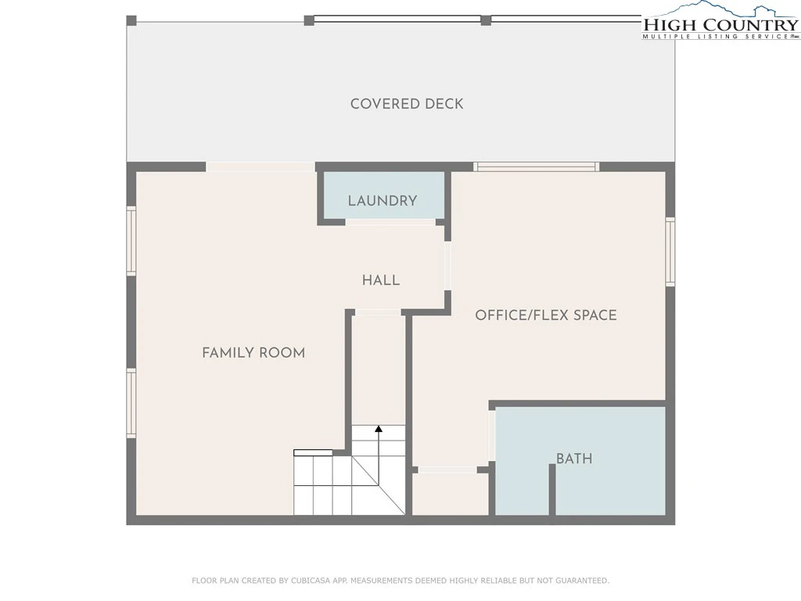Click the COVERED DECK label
coord(407,104)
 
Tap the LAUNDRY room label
coord(382,201)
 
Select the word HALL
coord(381,280)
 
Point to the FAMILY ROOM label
coord(253,353)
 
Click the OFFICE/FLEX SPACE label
coord(545,315)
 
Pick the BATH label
coord(574,459)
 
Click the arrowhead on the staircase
coord(379,429)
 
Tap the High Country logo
coord(720,21)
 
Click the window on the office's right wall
coord(670,251)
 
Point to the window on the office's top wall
coord(536,167)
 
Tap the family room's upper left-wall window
coord(131,241)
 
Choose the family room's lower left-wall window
coord(131,403)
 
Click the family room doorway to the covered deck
coord(260,167)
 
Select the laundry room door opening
coord(391,222)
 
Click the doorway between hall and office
coord(447,266)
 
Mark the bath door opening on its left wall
coord(492,436)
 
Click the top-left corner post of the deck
coord(131,20)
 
